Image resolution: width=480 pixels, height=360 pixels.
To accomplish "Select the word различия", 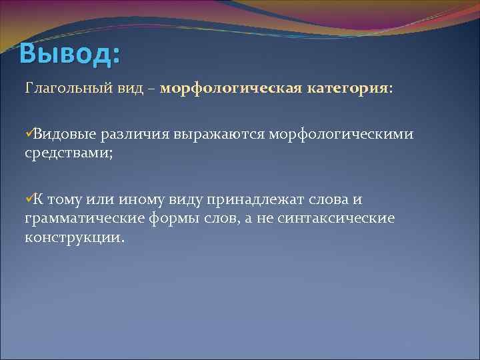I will (x=134, y=135).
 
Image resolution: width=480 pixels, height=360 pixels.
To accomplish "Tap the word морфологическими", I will (x=341, y=135).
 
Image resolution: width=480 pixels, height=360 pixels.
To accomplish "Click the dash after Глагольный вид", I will (x=153, y=89).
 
